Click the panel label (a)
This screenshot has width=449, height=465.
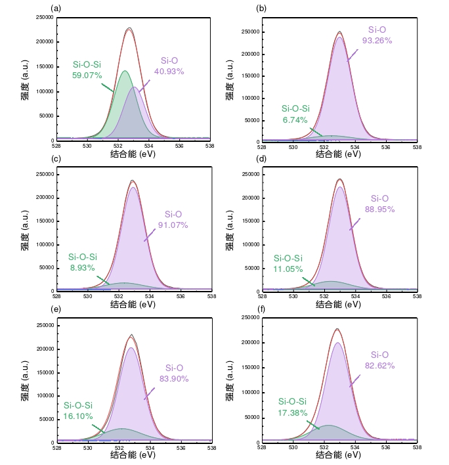tap(56, 8)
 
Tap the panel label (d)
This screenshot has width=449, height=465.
tap(261, 159)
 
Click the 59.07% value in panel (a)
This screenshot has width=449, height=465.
tap(87, 76)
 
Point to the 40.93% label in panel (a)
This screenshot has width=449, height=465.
tap(169, 71)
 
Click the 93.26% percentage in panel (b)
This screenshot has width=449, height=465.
tap(377, 40)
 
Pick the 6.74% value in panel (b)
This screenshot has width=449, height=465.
tap(295, 119)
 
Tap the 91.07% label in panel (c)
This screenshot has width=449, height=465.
tap(173, 225)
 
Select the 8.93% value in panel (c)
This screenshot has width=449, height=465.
tap(83, 267)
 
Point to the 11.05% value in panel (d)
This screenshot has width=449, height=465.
tap(288, 269)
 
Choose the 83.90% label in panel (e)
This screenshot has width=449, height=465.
tap(174, 378)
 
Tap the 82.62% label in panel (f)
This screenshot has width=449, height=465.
tap(379, 365)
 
